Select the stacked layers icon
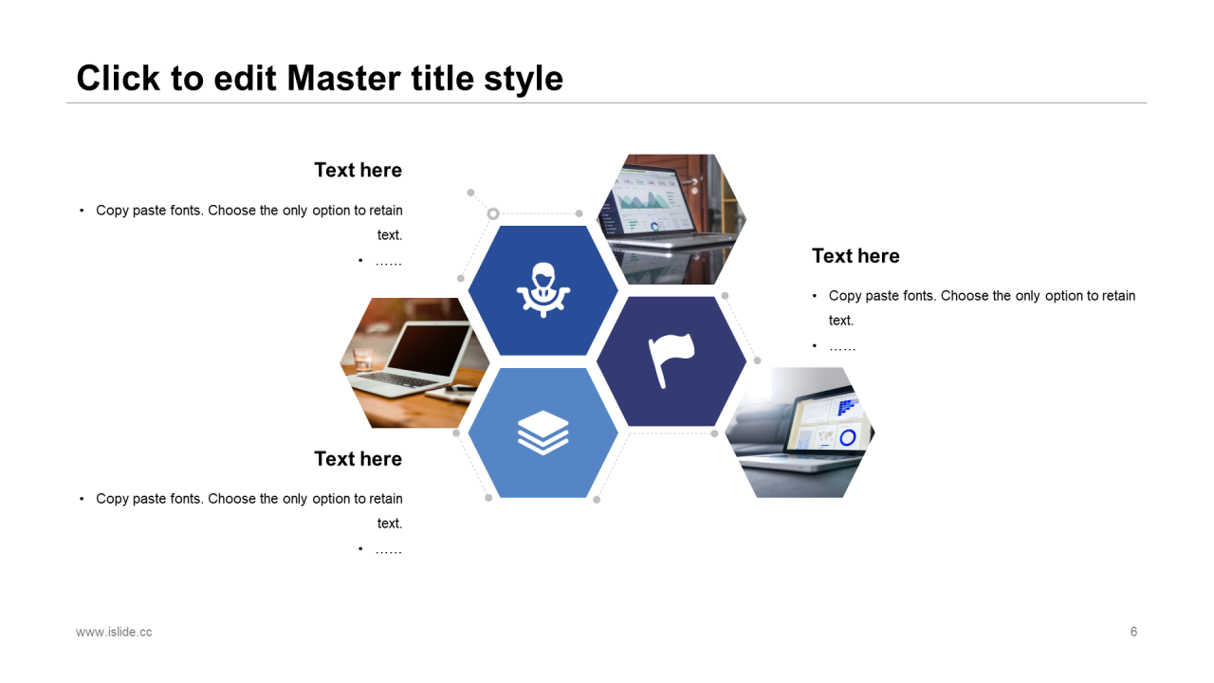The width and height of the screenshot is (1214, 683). tap(543, 433)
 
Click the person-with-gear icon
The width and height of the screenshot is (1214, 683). tap(543, 290)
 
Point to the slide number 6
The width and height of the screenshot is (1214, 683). tap(1133, 632)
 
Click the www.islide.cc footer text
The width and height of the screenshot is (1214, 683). tap(114, 632)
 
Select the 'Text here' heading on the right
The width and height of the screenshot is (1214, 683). tap(855, 256)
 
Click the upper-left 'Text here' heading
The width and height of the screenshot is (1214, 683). tap(359, 170)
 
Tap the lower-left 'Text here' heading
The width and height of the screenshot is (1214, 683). tap(359, 459)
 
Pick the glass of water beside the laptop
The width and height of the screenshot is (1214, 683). tap(363, 359)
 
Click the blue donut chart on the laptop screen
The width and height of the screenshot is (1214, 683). tap(848, 437)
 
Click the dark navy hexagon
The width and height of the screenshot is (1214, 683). tap(671, 361)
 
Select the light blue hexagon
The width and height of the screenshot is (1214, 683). tap(543, 433)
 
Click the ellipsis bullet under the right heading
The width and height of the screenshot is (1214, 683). tap(842, 347)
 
